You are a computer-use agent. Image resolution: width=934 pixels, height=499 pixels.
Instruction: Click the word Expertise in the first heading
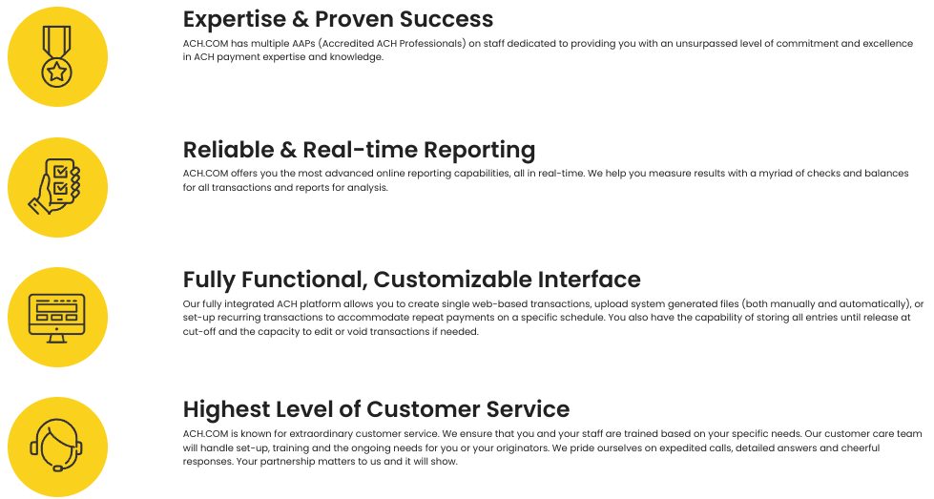[x=235, y=19]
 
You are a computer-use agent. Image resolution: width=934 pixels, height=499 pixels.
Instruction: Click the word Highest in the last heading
[x=225, y=410]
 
